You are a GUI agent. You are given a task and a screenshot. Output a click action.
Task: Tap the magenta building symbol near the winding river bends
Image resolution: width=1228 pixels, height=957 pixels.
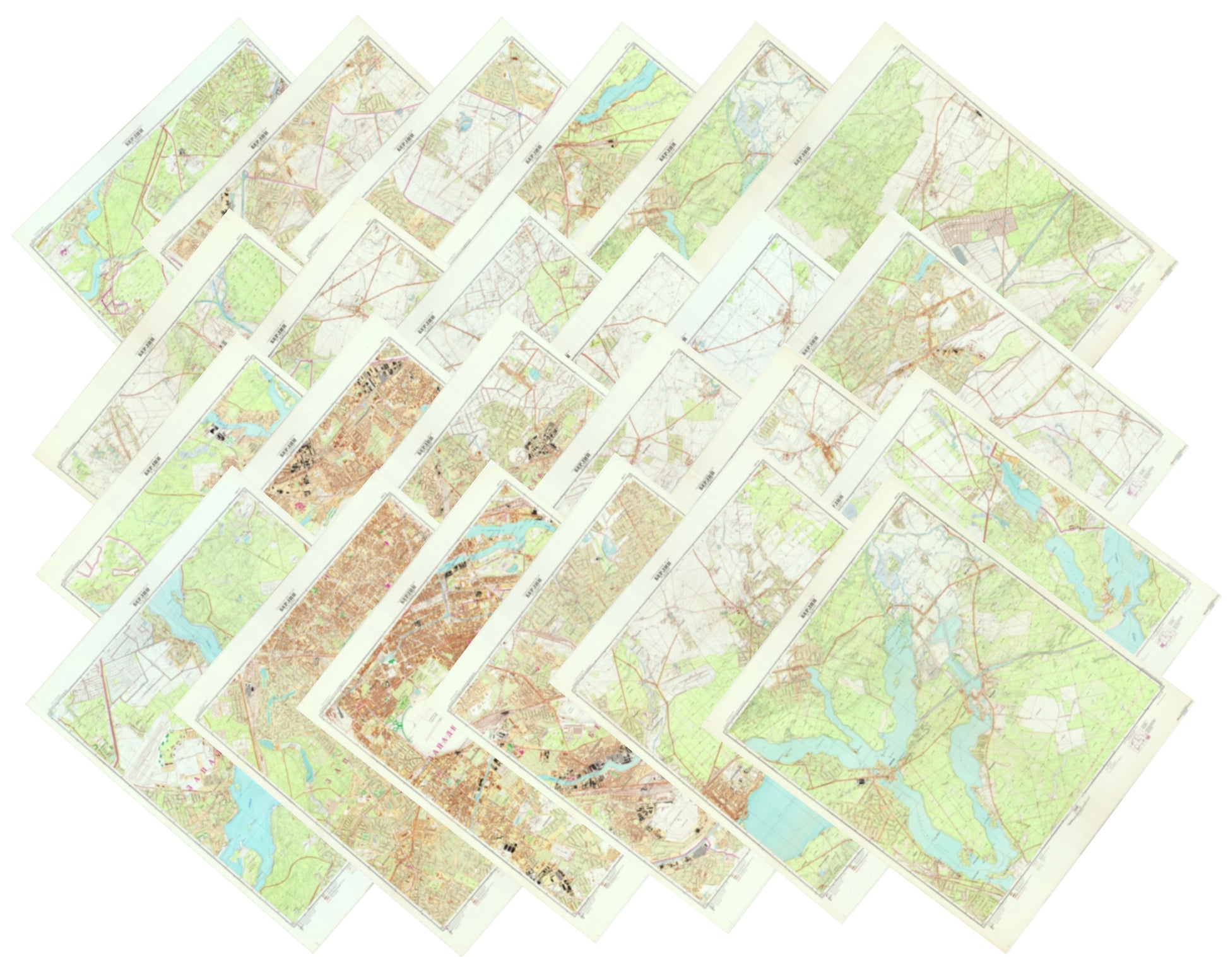[x=63, y=250]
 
